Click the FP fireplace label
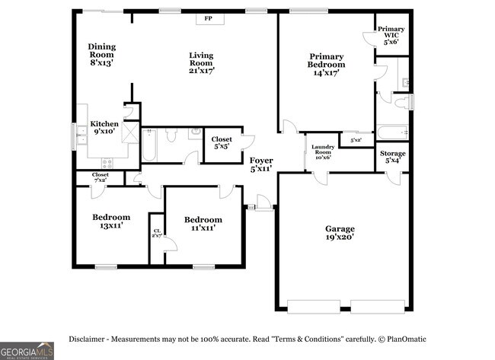pos(208,19)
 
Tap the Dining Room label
pos(101,55)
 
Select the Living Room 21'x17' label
pos(202,62)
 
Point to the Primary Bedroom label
pos(326,64)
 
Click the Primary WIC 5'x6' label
pos(391,37)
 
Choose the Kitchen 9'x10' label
pos(105,128)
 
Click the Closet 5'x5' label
pos(222,142)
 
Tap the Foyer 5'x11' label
pos(261,165)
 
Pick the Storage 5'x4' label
pos(393,158)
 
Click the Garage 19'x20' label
pos(340,233)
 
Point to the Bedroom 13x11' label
pos(111,221)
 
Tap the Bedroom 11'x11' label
pos(203,224)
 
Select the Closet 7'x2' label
pos(100,177)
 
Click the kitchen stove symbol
pos(107,162)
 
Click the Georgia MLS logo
pos(27,351)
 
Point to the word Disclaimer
pos(88,339)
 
